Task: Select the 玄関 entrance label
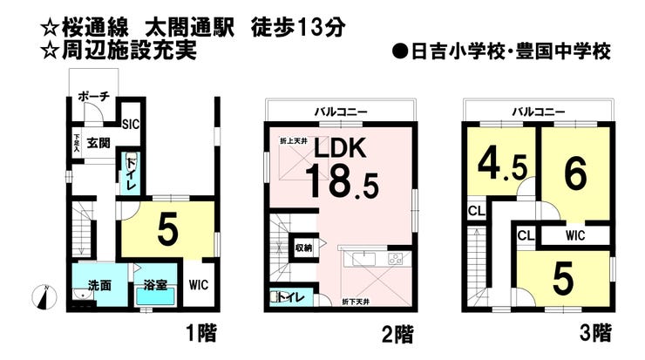(97, 143)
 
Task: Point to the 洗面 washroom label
(98, 285)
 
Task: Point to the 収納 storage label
(302, 246)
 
